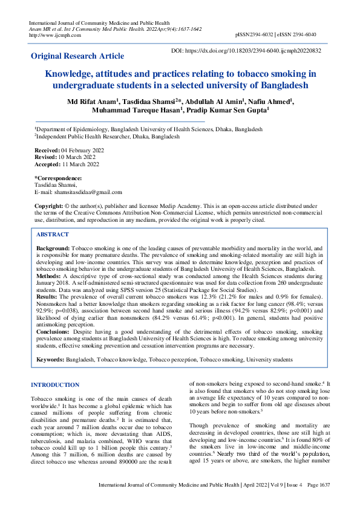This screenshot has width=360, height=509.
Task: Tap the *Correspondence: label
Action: tap(58, 178)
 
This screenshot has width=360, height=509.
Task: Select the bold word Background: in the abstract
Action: tap(53, 248)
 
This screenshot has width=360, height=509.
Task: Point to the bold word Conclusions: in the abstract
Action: tap(56, 332)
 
